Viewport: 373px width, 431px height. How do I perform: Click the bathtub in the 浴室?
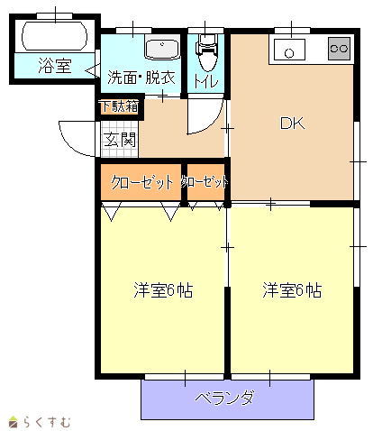coord(55,36)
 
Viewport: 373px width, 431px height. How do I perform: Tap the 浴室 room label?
coord(55,66)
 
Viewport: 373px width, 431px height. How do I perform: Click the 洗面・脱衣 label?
coord(141,78)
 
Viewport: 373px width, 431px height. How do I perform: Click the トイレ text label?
coord(206,80)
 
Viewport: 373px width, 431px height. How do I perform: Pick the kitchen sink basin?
coord(289,50)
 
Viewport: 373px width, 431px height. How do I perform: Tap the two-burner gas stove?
coord(339,48)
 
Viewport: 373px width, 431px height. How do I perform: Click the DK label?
coord(292,124)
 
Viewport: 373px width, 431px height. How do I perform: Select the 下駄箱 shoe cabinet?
coord(120,106)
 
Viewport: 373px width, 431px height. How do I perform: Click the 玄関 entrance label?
coord(120,140)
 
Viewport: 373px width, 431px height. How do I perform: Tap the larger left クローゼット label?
coord(142,182)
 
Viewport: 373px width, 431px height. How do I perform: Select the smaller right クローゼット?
coord(205,182)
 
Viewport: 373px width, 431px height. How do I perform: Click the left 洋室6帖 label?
coord(163,290)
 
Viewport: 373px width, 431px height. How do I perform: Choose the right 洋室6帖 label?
coord(292,290)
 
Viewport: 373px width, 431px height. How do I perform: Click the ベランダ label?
coord(224,398)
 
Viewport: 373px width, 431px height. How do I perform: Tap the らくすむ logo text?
coord(47,422)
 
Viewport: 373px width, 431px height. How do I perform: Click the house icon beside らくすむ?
coord(14,422)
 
